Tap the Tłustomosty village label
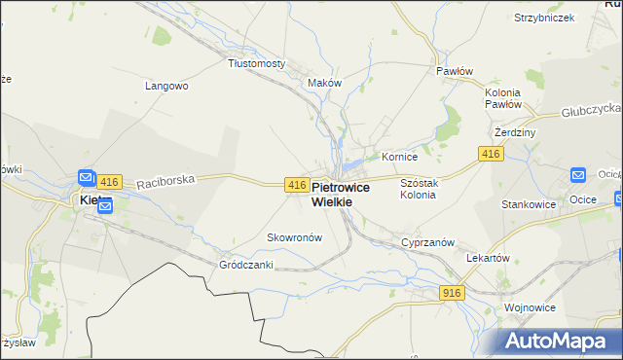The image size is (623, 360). point(256,63)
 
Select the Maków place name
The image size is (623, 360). point(324,83)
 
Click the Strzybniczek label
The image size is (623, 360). point(542,18)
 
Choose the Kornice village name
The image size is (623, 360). point(399,156)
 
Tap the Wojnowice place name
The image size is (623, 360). point(530,307)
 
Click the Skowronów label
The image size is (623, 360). point(294,237)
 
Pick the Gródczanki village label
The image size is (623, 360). point(242,265)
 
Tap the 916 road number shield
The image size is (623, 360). point(452,293)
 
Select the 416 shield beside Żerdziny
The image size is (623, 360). point(490,155)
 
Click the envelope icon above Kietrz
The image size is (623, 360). point(87,178)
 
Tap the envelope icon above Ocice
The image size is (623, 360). point(577,175)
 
